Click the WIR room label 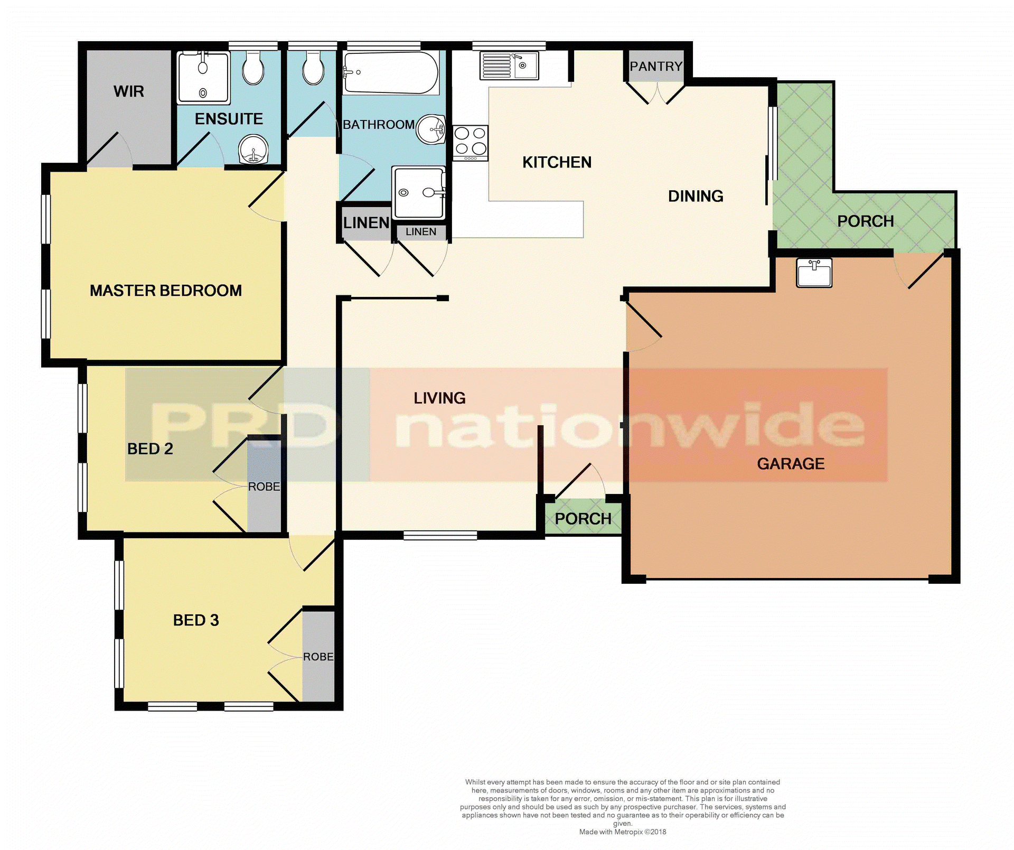128,91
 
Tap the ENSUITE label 229,119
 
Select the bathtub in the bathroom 390,73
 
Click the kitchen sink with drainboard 509,66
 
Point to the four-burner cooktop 470,141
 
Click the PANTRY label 655,67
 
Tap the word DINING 696,196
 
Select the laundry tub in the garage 814,273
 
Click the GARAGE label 791,464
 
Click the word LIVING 439,398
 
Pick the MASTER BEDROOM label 165,291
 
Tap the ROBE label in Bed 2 264,487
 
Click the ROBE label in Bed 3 318,657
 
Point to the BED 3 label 196,620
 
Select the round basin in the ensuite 253,150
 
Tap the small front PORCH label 583,519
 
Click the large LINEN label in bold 366,223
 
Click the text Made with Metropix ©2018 623,832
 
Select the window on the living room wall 440,536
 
